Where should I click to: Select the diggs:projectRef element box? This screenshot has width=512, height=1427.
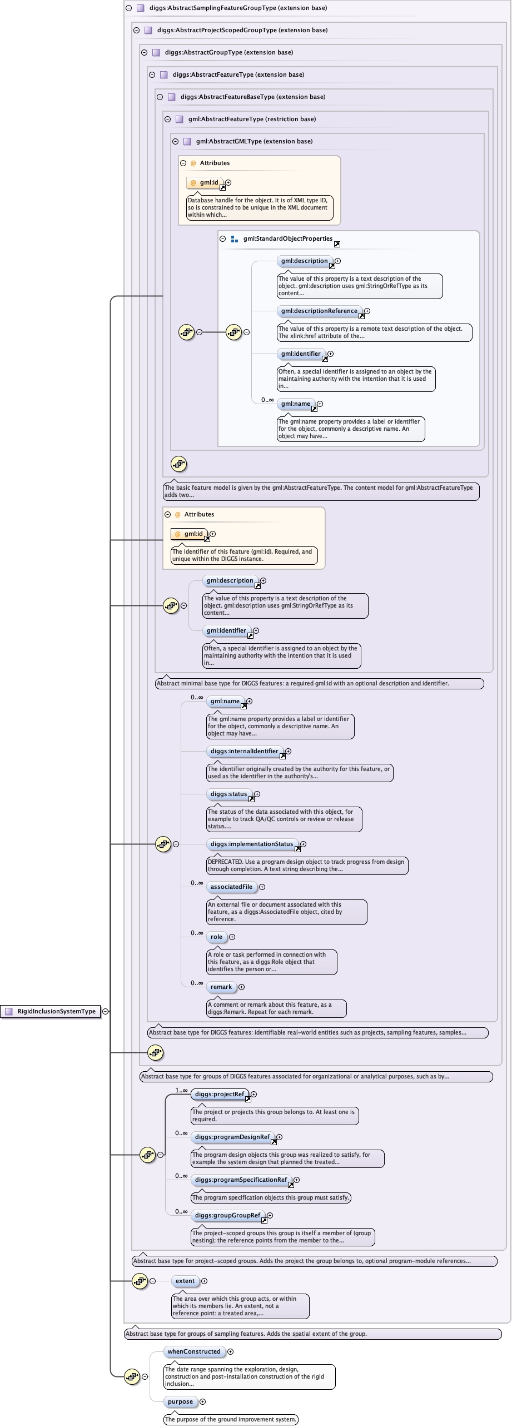click(x=220, y=1094)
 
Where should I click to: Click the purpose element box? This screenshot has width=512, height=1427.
click(x=180, y=1401)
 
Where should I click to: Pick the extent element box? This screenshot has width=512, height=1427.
click(x=185, y=1281)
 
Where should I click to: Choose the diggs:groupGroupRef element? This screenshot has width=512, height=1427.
click(x=227, y=1215)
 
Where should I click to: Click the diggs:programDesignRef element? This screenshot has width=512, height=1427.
click(x=232, y=1137)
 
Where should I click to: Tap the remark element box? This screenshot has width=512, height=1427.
click(x=221, y=987)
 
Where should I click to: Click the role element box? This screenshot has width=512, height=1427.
click(x=216, y=937)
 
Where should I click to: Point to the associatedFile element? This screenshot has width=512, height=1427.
click(x=231, y=887)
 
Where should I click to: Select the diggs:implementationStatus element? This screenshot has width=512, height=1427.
click(x=252, y=844)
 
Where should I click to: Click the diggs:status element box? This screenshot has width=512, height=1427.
click(x=229, y=794)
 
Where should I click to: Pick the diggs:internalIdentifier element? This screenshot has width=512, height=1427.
click(x=245, y=751)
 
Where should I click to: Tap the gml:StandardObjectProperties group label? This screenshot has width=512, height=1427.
click(x=288, y=238)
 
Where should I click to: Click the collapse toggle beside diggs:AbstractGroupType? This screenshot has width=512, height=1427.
click(x=144, y=52)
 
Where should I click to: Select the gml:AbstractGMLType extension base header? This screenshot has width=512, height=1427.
click(x=254, y=141)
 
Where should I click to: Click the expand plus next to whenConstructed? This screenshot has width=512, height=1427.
click(x=231, y=1351)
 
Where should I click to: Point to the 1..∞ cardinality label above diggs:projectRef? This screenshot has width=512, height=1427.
click(x=182, y=1090)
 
